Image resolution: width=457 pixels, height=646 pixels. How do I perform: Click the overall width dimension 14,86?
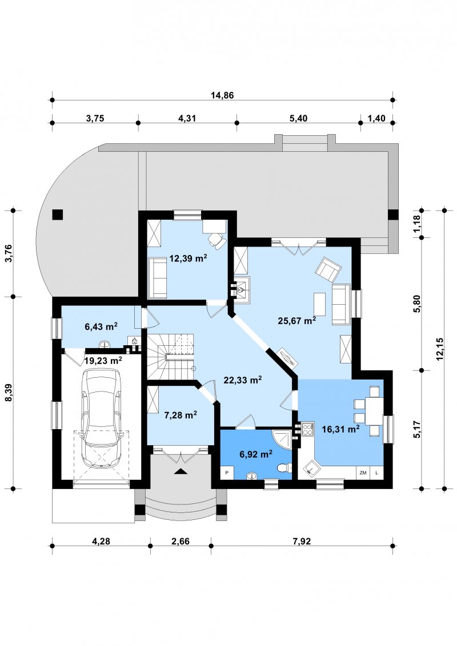pos(222,95)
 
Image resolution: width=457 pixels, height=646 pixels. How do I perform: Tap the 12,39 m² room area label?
pos(188,259)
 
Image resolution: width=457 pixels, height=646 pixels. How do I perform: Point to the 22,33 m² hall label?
pos(243,379)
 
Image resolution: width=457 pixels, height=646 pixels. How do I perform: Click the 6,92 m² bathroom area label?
pos(256,454)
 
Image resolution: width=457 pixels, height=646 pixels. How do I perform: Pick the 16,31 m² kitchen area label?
pos(340,429)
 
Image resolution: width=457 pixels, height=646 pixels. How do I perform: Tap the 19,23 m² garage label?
pos(103,361)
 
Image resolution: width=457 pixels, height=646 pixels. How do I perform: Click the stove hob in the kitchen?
pos(307,430)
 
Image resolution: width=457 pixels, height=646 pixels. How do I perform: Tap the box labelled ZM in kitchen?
pos(363,473)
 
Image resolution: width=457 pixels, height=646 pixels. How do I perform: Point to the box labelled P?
pos(227,473)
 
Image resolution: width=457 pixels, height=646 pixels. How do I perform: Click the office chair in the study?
pos(217,240)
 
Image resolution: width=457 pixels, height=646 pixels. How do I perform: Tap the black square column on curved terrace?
pos(57,215)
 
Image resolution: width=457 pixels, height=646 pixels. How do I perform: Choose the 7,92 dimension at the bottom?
pos(302,541)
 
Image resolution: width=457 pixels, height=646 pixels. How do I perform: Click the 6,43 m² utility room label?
pos(101,326)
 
